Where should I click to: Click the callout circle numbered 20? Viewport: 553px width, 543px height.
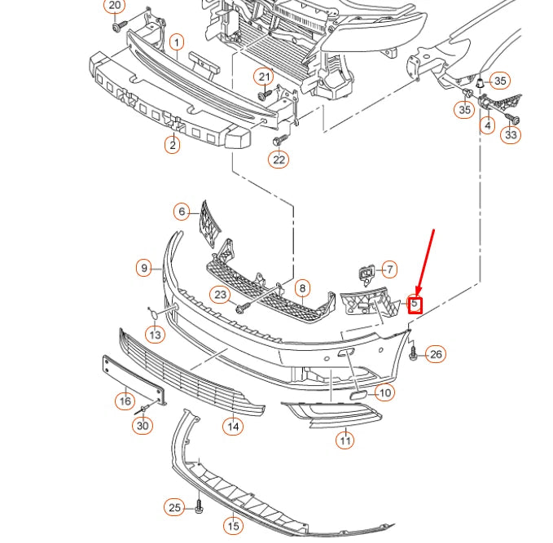click(115, 6)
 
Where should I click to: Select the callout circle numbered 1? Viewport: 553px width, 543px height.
click(177, 42)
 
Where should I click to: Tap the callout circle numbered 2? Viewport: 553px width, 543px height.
click(173, 146)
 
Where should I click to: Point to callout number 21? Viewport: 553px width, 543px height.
click(264, 77)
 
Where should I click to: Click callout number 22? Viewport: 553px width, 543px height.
click(279, 160)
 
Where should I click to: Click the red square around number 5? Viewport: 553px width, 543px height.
click(415, 305)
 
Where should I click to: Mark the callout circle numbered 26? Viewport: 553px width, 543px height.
click(437, 354)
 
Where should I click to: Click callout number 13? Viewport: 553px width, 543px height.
click(155, 334)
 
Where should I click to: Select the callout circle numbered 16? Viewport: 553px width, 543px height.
click(125, 401)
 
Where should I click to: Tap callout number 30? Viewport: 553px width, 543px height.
click(143, 425)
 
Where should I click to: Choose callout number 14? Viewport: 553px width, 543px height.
click(233, 425)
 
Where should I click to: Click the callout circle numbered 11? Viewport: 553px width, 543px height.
click(346, 440)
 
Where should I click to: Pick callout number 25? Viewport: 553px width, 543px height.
click(173, 508)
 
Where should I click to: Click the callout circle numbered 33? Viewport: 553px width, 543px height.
click(511, 135)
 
